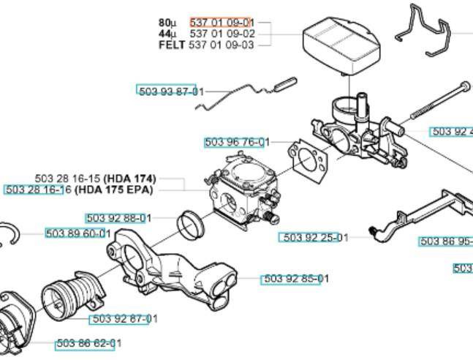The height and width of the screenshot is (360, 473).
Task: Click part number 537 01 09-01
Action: (222, 22)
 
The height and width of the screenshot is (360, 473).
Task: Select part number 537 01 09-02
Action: (222, 33)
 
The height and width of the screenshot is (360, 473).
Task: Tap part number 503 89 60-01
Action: (78, 233)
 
